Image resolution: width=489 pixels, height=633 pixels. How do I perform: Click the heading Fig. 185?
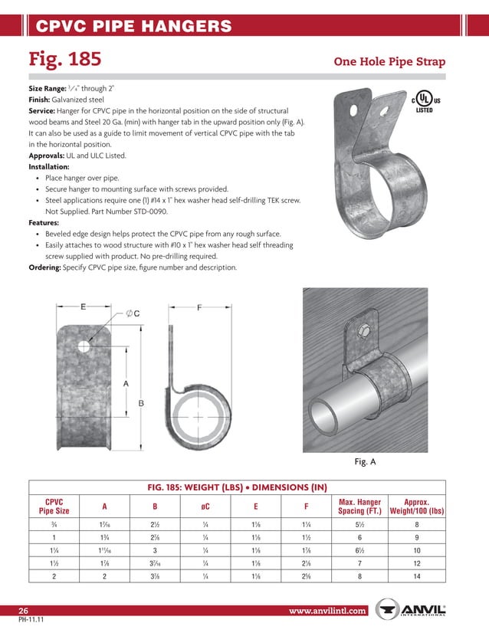(65, 59)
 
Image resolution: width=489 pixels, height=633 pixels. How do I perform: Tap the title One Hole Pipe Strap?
(389, 61)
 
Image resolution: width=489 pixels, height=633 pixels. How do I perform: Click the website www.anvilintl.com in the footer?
(328, 611)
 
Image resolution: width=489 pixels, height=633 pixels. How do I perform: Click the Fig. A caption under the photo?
(365, 462)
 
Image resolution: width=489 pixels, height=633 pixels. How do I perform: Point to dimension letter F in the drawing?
(199, 307)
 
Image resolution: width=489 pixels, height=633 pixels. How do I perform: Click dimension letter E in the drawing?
(83, 307)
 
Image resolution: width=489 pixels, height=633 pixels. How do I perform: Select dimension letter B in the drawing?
(141, 402)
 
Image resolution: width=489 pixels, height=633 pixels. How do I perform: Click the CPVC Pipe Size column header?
(53, 506)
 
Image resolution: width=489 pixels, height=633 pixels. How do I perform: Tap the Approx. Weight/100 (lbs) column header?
(416, 506)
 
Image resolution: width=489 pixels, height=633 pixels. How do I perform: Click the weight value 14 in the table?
(416, 575)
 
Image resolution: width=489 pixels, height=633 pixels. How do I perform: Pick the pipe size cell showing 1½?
(53, 562)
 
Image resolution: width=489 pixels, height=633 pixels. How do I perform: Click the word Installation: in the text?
(49, 166)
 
